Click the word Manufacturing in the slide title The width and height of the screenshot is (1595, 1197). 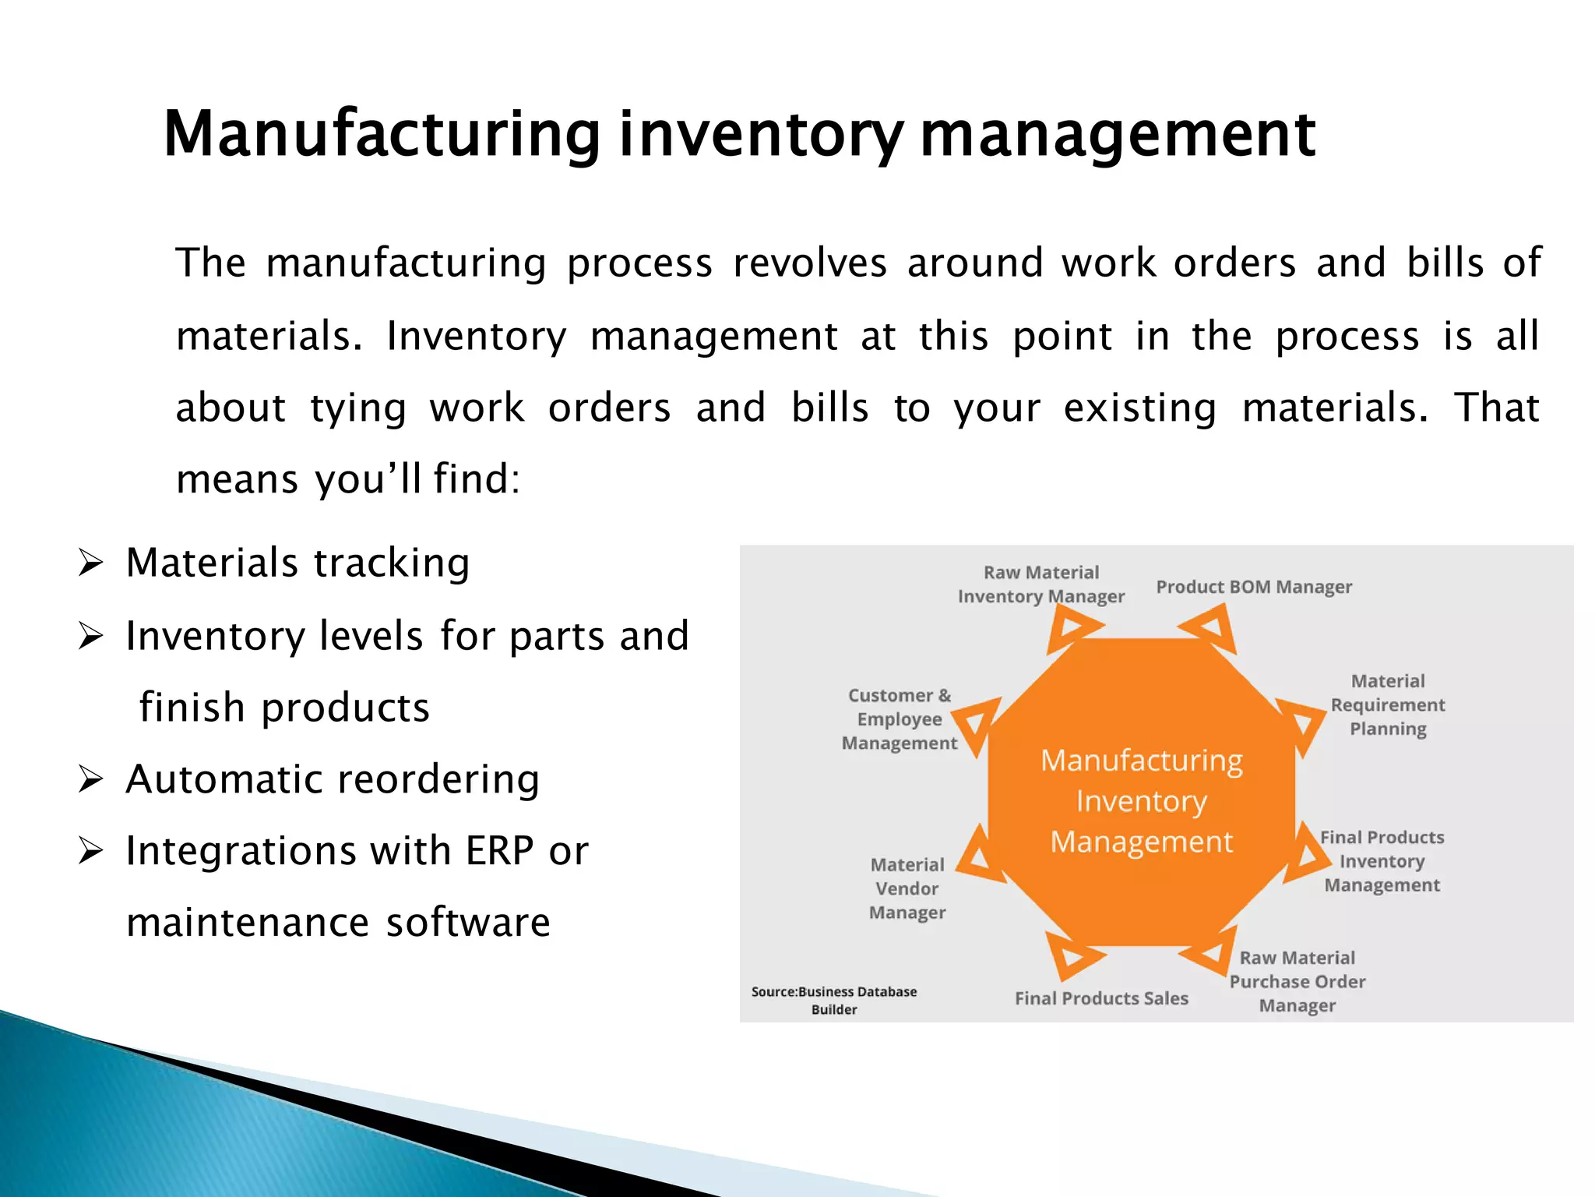tap(382, 134)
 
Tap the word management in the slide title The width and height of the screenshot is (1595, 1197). tap(1118, 134)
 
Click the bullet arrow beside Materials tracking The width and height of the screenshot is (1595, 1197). tap(90, 563)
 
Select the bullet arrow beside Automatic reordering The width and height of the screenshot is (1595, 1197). tap(90, 779)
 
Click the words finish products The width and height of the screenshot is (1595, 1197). tap(284, 708)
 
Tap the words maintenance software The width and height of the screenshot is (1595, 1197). tap(338, 923)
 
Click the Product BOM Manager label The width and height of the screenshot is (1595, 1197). tap(1254, 587)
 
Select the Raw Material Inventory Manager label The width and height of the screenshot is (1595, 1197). tap(1041, 584)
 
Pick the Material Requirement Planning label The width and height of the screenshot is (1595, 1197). tap(1388, 705)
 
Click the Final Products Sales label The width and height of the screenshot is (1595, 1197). tap(1101, 998)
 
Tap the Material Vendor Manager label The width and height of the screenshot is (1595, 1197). tap(907, 888)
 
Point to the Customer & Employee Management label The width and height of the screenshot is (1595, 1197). tap(900, 719)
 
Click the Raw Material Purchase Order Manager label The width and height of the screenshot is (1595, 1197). tap(1297, 982)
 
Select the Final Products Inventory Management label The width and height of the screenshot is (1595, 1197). tap(1382, 861)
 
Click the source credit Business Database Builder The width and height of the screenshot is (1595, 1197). tap(834, 1001)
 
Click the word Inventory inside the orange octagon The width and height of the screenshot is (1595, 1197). tap(1142, 801)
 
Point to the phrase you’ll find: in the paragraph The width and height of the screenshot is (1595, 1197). tap(417, 478)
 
